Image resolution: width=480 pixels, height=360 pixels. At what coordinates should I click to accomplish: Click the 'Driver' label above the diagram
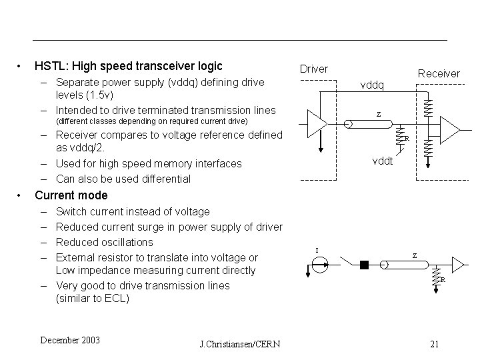[313, 69]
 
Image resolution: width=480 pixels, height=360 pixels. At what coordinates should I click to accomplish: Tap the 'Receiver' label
[438, 73]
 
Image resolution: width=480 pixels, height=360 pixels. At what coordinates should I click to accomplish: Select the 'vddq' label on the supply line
[372, 85]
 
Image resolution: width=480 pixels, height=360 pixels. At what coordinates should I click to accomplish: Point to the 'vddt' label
[383, 161]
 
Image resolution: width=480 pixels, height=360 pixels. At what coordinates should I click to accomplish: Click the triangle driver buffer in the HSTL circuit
[317, 124]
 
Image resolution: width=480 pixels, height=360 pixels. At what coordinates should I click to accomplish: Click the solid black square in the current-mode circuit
[363, 265]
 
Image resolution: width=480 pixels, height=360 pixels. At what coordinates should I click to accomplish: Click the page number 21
[434, 344]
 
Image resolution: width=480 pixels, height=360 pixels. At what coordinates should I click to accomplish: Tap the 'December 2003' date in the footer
[69, 341]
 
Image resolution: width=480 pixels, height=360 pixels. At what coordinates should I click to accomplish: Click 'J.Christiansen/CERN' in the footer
[239, 344]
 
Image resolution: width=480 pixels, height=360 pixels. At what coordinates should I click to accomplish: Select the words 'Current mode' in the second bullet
[70, 195]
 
